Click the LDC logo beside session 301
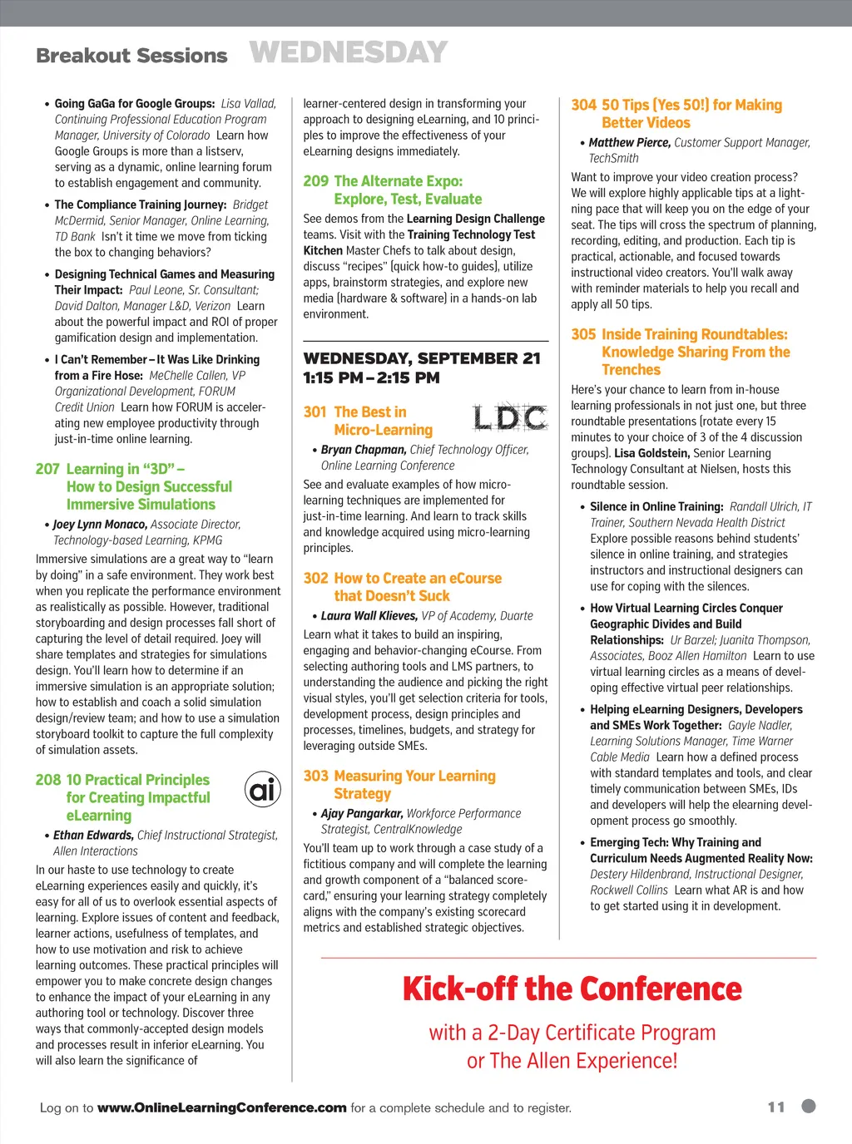[510, 417]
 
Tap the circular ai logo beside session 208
[262, 788]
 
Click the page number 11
[776, 1107]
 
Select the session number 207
[47, 469]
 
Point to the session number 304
[583, 105]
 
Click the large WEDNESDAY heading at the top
[348, 52]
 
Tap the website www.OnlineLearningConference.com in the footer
[221, 1107]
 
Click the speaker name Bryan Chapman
[364, 450]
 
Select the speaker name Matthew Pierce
[629, 142]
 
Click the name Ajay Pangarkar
[362, 813]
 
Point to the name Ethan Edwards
[93, 835]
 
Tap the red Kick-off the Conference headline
[572, 989]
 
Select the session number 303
[315, 776]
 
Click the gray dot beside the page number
[808, 1106]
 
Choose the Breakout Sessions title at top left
[131, 56]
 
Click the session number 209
[315, 181]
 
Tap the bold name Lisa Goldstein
[651, 453]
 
